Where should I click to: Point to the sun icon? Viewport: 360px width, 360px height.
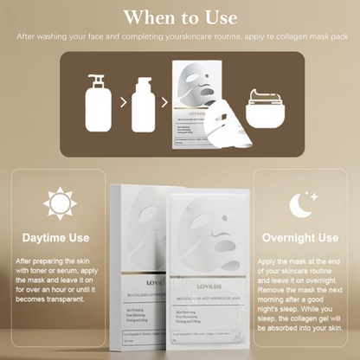60,204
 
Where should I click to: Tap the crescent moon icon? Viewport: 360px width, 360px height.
303,204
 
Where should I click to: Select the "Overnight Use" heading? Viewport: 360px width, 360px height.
303,237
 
